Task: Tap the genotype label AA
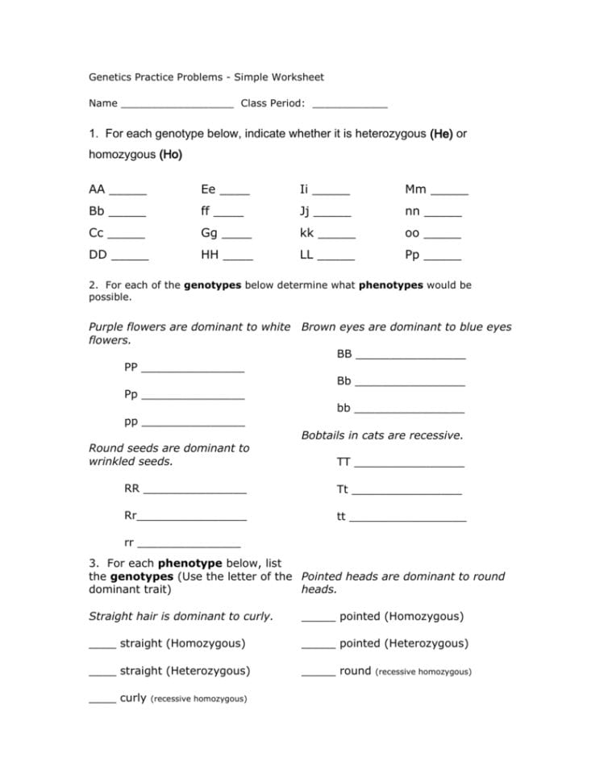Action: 97,189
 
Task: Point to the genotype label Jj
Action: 304,212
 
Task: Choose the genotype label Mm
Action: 415,189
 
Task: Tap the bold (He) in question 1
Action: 441,134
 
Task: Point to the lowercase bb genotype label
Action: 344,408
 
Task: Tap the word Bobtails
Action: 324,435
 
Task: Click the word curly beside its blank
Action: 133,697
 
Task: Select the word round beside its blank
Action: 355,671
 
